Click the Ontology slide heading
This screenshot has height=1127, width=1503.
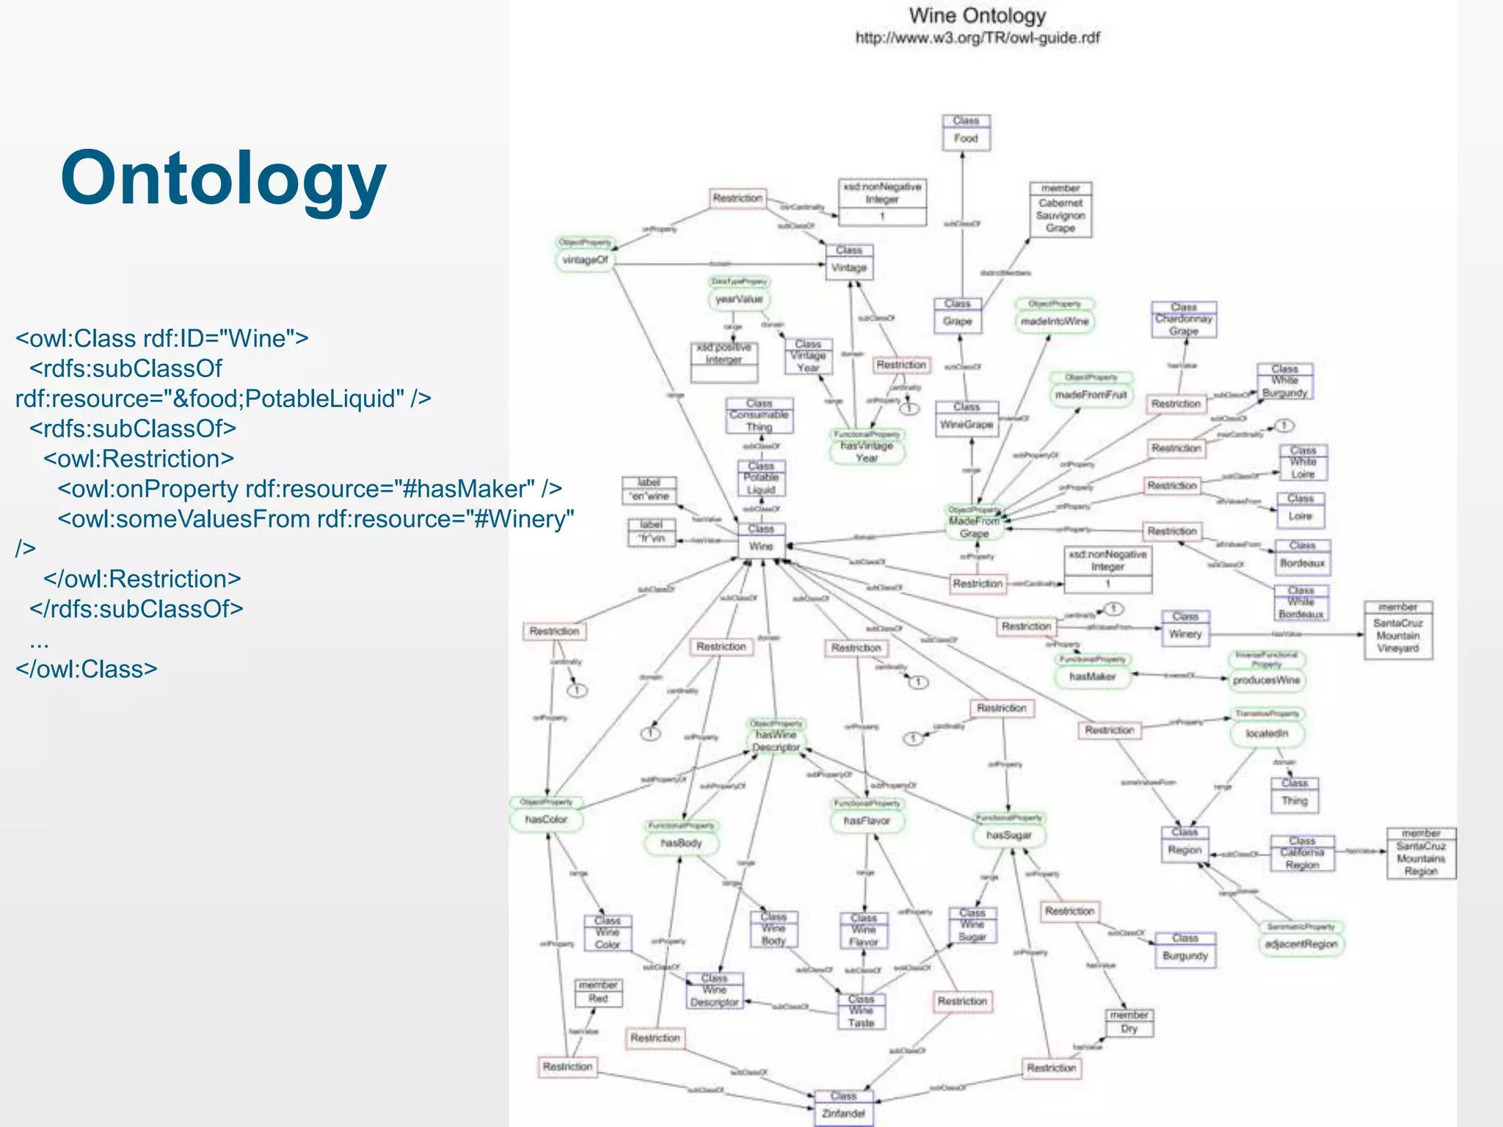[223, 178]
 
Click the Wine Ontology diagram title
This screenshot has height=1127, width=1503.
[977, 15]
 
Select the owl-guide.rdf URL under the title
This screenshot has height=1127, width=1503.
[977, 38]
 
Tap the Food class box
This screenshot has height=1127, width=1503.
[966, 133]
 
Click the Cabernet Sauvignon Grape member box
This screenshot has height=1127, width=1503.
[1060, 210]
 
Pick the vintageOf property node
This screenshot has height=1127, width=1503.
[585, 260]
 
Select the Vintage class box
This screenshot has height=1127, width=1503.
[848, 262]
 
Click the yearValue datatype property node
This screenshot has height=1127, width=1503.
[739, 299]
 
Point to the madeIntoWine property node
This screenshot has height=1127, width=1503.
[1055, 321]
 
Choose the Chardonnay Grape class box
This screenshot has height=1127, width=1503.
[1184, 320]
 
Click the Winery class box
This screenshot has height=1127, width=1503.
[1185, 628]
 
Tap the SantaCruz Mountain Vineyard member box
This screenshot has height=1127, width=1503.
[1398, 630]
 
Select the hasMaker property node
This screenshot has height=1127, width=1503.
[1092, 676]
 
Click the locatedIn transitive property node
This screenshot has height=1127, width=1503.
[1267, 733]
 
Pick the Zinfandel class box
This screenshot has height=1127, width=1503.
[843, 1107]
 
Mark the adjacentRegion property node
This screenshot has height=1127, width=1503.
[1301, 944]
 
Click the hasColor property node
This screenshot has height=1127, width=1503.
[546, 819]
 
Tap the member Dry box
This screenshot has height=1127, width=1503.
[1129, 1023]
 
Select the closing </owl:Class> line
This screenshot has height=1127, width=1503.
[87, 669]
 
